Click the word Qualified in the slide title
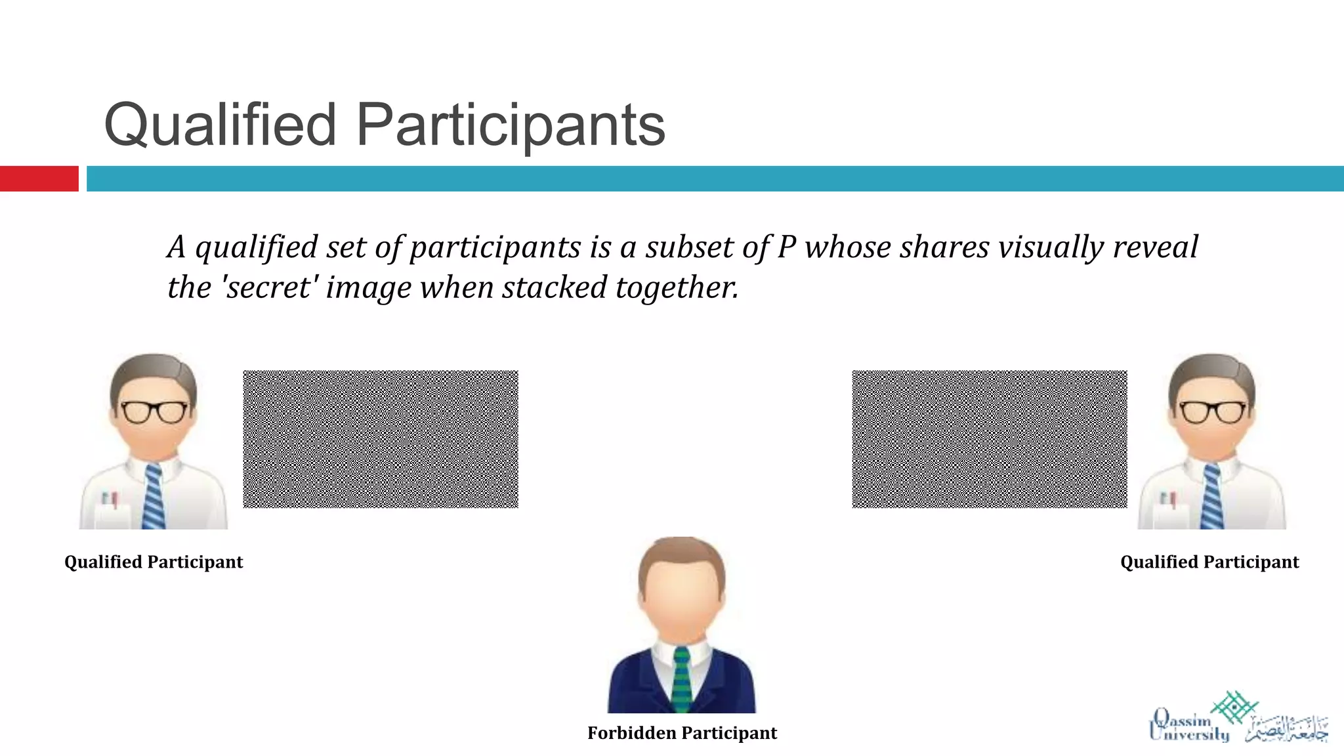coord(220,125)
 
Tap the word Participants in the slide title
coord(511,125)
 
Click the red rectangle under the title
coord(39,178)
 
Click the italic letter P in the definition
coord(786,247)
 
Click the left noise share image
coord(381,439)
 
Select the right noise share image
coord(989,439)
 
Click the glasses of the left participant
coord(154,411)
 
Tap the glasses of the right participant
coord(1213,411)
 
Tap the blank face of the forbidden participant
coord(682,600)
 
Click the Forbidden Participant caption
coord(682,733)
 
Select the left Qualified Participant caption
coord(154,562)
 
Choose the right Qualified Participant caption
coord(1209,562)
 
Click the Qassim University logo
coord(1238,718)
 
